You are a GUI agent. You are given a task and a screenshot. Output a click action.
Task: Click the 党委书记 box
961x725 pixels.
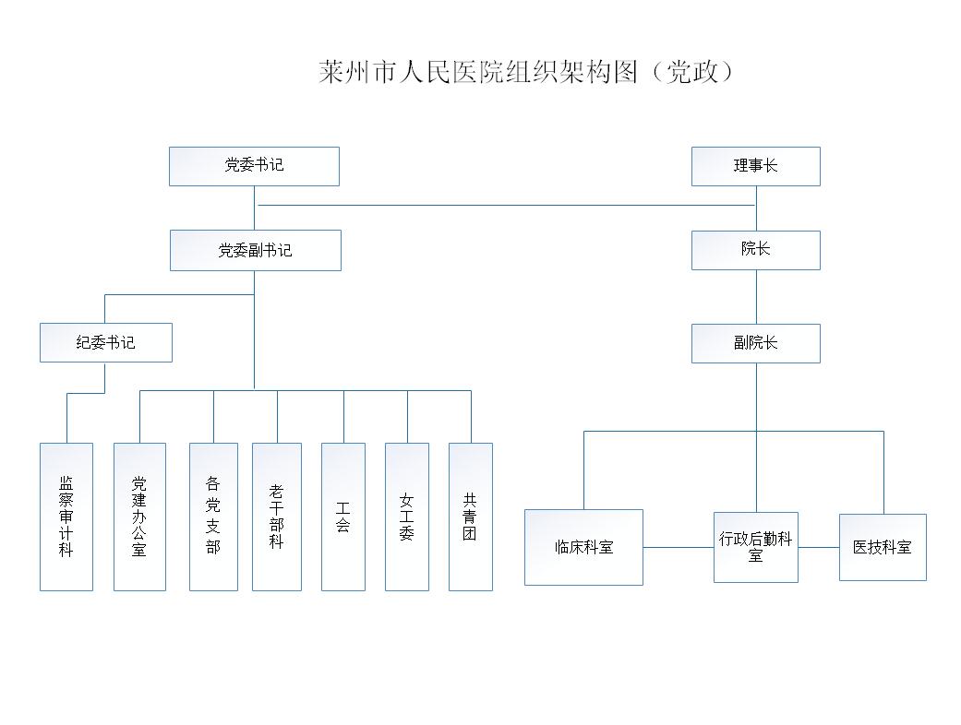[x=255, y=166]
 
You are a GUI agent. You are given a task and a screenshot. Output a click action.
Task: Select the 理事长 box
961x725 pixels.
[x=756, y=166]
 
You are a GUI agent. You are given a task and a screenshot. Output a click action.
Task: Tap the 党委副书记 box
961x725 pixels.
[x=256, y=251]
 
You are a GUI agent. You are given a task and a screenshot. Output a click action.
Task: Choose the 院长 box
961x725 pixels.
[x=756, y=251]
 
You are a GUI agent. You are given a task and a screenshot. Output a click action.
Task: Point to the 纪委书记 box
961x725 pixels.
[x=106, y=343]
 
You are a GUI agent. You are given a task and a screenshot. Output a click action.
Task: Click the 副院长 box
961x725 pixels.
[x=756, y=343]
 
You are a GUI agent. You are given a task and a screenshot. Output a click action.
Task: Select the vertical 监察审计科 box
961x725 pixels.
[x=66, y=517]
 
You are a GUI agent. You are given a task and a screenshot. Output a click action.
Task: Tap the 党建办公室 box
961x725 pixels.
[x=139, y=517]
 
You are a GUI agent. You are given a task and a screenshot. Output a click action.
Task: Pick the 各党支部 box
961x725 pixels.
[x=213, y=517]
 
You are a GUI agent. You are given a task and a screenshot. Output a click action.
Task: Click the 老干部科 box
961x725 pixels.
[x=277, y=517]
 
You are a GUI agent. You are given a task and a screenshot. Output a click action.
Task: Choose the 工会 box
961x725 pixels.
[x=343, y=517]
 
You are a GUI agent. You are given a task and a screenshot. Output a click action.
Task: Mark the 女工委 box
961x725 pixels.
[x=407, y=517]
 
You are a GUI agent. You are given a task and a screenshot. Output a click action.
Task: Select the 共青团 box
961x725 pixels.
[x=471, y=517]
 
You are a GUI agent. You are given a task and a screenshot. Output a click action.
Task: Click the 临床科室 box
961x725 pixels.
[x=583, y=547]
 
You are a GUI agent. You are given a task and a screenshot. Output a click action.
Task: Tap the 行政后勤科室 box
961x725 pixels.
[x=756, y=547]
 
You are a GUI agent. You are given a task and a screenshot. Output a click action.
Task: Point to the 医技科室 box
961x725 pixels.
[x=883, y=547]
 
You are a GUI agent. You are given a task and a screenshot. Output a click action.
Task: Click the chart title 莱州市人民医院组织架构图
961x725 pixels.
[x=478, y=72]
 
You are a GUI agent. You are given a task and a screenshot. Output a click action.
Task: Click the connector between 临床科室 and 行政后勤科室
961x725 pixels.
[x=679, y=547]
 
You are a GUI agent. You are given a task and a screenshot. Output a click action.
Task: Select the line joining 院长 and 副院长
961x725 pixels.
[x=756, y=297]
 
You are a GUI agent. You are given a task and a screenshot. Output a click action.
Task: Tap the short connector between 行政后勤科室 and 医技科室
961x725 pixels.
[x=819, y=547]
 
